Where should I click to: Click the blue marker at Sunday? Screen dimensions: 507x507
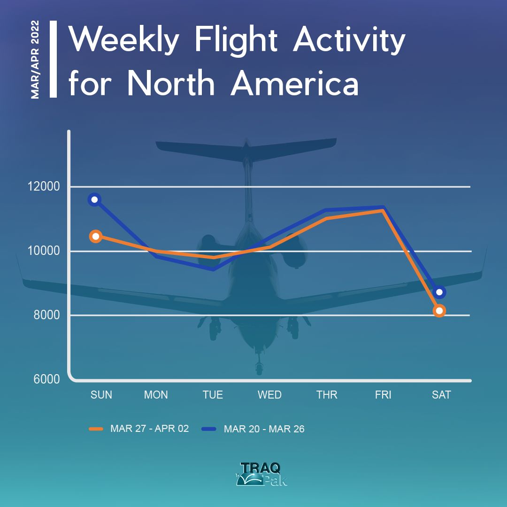(x=94, y=200)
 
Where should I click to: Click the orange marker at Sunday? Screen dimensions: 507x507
(x=96, y=236)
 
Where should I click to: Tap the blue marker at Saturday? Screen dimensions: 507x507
(x=439, y=292)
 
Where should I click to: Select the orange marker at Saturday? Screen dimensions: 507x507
(x=439, y=311)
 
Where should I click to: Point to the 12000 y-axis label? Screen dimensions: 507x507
(x=44, y=186)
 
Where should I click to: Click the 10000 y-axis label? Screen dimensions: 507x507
(x=44, y=251)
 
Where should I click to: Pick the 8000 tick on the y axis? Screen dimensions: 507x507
(x=46, y=315)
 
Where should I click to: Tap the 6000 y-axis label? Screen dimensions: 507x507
(x=46, y=379)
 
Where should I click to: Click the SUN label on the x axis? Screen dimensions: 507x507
(x=101, y=395)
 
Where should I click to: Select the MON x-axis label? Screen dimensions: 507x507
(x=156, y=395)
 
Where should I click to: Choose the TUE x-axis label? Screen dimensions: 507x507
(x=213, y=395)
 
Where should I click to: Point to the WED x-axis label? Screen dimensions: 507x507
(x=269, y=395)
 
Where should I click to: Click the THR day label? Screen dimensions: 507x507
(x=327, y=395)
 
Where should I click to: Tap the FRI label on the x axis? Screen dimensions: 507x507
(x=383, y=395)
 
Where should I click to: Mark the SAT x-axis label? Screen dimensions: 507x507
(x=441, y=395)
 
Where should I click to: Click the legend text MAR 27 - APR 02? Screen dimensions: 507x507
(x=149, y=429)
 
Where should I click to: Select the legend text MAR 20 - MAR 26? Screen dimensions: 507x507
(x=264, y=429)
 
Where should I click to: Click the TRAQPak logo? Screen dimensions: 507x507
(x=261, y=474)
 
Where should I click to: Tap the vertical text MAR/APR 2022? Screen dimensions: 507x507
(x=35, y=60)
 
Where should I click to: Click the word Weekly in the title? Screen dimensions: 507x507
(x=124, y=40)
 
